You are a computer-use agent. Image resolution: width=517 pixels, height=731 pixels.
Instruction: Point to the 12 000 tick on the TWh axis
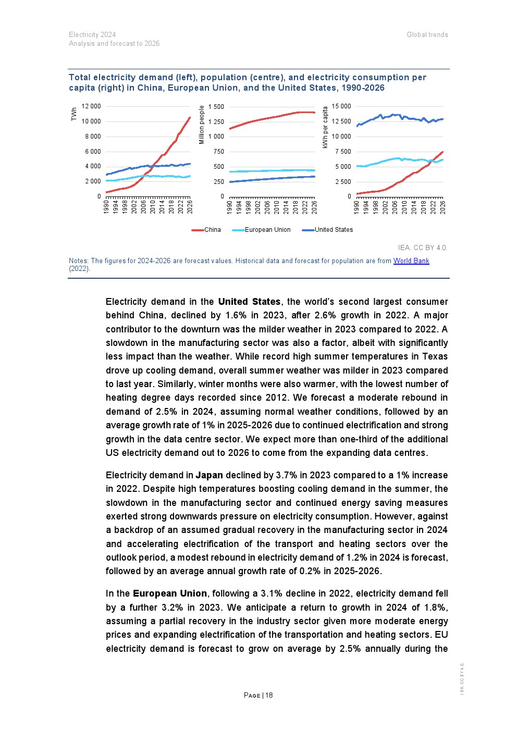(x=92, y=106)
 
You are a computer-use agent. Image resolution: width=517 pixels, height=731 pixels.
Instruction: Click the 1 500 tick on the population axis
(x=216, y=107)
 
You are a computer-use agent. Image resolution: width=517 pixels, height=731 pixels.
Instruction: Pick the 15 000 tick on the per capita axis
(x=341, y=106)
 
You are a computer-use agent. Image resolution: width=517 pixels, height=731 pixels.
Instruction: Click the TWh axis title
(x=74, y=114)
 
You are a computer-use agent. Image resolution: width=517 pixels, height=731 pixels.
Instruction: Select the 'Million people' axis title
(x=202, y=125)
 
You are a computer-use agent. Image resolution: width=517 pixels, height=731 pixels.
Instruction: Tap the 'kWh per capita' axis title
(x=325, y=128)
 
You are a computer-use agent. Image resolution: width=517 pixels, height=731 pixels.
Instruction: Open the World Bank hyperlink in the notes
(x=411, y=261)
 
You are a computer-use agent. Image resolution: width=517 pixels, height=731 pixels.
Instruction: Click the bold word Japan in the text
(x=209, y=475)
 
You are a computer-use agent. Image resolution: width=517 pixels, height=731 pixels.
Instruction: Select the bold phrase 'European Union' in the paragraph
(x=170, y=593)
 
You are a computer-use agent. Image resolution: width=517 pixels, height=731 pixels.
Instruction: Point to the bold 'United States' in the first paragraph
(x=249, y=302)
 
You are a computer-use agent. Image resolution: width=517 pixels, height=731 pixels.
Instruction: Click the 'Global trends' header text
(x=427, y=35)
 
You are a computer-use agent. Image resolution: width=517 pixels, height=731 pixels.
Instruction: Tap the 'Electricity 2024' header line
(x=92, y=35)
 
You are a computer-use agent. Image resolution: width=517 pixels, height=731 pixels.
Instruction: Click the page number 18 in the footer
(x=269, y=695)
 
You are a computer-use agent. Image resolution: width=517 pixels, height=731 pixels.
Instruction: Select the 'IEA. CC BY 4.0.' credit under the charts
(x=423, y=248)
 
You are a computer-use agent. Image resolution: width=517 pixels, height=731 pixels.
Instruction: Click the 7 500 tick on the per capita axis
(x=342, y=152)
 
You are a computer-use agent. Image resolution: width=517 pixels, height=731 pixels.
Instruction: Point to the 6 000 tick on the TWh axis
(x=93, y=152)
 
